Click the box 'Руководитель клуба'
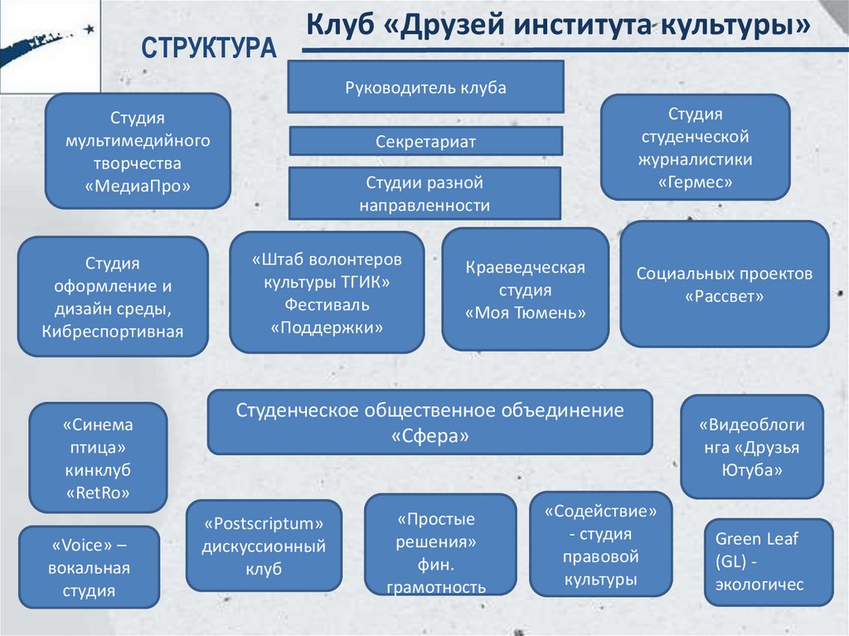coord(425,87)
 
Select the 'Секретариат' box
coord(425,141)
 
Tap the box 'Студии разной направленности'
coord(424,193)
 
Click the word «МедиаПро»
coord(138,186)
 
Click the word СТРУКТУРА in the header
coord(207,49)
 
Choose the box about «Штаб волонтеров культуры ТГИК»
coord(327,292)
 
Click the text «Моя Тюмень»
coord(525,313)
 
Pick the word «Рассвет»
coord(724,296)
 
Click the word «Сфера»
coord(429,435)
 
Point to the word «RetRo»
coord(98,494)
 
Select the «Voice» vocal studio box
coord(89,567)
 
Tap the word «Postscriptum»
coord(264,524)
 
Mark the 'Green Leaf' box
coord(768,561)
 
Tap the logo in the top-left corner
coord(50,46)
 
